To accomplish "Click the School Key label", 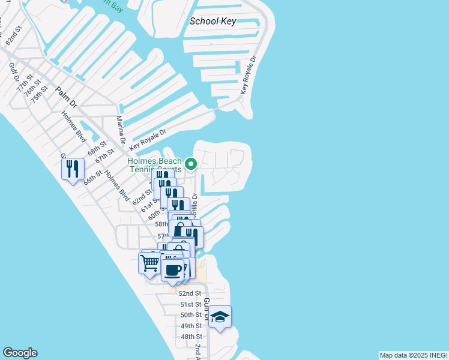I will point(213,22).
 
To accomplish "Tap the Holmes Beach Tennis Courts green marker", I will point(191,164).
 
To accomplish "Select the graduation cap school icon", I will point(220,317).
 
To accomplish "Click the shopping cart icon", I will point(149,262).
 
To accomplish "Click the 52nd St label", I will point(189,293).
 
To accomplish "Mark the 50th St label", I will point(191,315).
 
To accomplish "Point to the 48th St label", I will point(191,337).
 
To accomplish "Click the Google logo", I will point(20,353).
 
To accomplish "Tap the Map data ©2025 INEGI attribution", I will point(412,355).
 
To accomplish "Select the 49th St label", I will point(191,326).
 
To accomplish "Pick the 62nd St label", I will point(142,196).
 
